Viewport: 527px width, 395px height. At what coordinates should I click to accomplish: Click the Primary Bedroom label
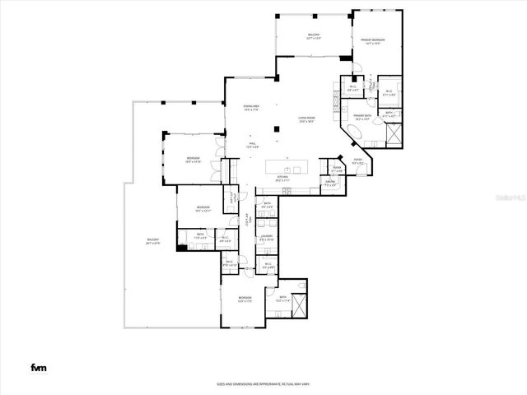pyautogui.click(x=373, y=41)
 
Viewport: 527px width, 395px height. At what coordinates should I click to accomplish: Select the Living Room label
pyautogui.click(x=308, y=121)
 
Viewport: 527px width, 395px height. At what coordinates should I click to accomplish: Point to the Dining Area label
pyautogui.click(x=251, y=108)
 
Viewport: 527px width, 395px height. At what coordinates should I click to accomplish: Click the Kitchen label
pyautogui.click(x=282, y=179)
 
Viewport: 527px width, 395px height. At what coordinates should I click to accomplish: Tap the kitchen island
pyautogui.click(x=291, y=168)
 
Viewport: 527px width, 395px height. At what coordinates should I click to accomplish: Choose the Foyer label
pyautogui.click(x=358, y=160)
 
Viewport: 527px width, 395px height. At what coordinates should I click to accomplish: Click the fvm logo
pyautogui.click(x=38, y=367)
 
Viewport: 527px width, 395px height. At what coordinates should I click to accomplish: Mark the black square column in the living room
pyautogui.click(x=343, y=58)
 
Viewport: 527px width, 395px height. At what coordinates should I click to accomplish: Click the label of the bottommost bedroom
pyautogui.click(x=245, y=299)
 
